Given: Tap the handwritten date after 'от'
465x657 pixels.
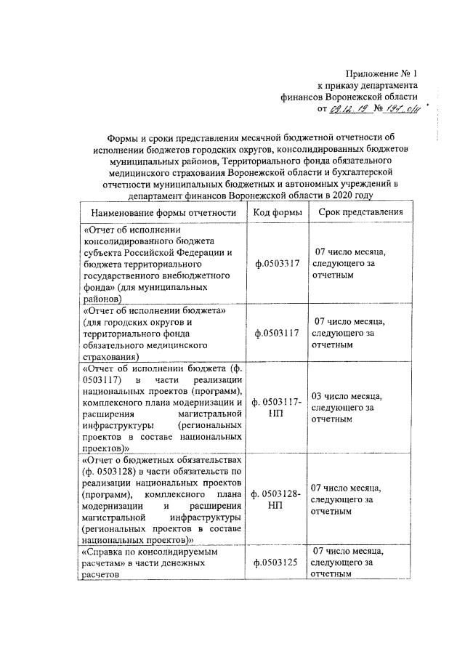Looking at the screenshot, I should click(352, 110).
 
